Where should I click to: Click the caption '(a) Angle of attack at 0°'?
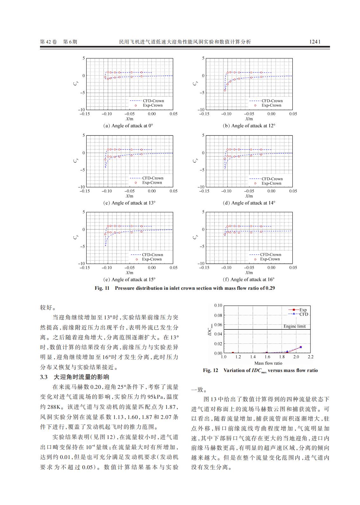point(128,126)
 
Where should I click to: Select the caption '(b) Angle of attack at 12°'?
point(249,126)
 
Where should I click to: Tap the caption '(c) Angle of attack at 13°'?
point(130,203)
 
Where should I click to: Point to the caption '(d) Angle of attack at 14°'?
point(249,203)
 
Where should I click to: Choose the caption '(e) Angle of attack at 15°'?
point(130,280)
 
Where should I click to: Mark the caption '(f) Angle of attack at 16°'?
point(249,280)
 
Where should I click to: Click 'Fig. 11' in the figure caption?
point(102,288)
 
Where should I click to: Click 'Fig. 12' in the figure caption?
point(210,370)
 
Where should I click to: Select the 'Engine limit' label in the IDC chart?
point(294,326)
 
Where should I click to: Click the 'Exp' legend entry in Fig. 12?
point(303,310)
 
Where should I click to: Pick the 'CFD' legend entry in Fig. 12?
point(303,314)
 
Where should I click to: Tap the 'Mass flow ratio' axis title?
point(268,363)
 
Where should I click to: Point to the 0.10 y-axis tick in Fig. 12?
point(218,305)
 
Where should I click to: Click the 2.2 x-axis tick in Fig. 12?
point(310,357)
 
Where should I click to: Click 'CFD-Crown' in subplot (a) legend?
point(153,101)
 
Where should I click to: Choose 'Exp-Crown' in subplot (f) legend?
point(270,259)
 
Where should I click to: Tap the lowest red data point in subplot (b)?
point(225,90)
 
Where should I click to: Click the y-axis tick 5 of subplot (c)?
point(84,136)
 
